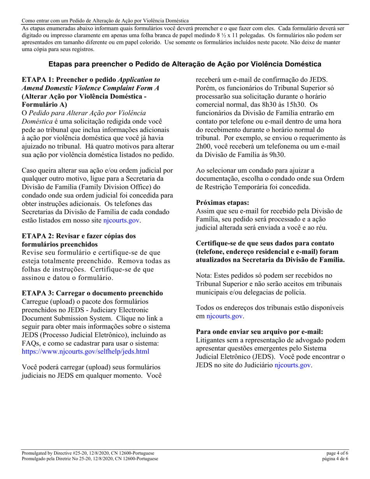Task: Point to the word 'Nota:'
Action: (204, 275)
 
